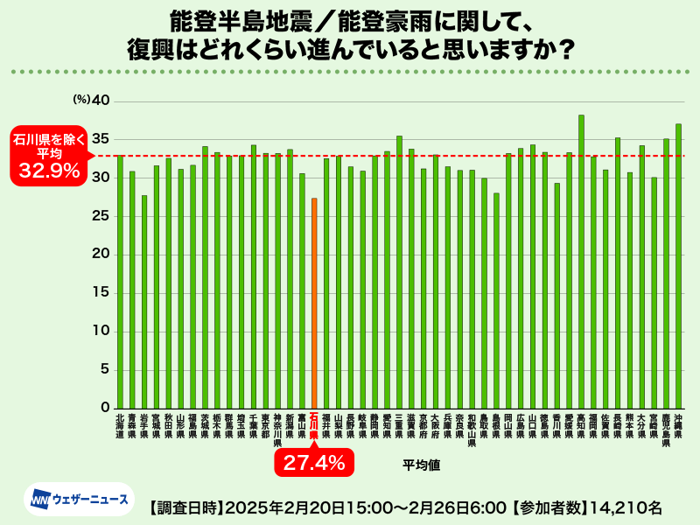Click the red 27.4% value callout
[314, 462]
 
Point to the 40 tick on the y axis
[101, 101]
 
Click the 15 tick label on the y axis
[101, 292]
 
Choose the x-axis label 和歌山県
[472, 430]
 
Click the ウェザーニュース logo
[79, 500]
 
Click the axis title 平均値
[421, 465]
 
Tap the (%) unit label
[81, 101]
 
